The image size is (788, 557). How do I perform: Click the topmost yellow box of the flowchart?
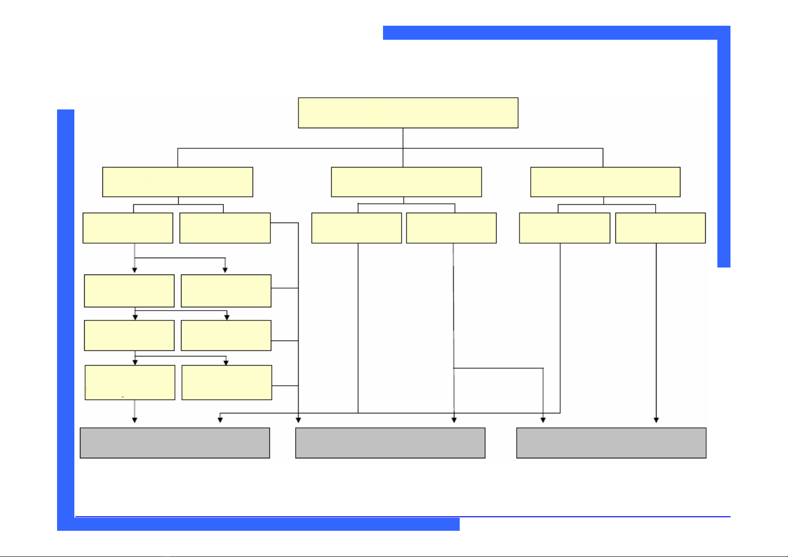point(408,113)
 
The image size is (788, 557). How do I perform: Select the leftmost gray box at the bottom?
point(175,442)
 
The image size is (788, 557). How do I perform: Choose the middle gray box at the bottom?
point(390,442)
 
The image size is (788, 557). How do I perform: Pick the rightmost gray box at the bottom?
point(611,442)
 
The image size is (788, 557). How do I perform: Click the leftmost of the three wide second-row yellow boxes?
point(178,182)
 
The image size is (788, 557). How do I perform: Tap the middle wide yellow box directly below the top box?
point(406,182)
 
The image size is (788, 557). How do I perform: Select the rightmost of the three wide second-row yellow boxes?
point(605,182)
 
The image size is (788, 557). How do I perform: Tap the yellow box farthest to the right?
point(660,228)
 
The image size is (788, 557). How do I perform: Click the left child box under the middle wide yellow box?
point(356,228)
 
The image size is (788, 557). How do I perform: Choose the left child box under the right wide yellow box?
point(564,228)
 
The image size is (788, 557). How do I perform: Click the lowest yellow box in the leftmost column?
point(130,383)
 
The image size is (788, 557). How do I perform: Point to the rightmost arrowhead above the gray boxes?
point(656,420)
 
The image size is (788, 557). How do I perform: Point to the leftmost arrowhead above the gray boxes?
point(135,420)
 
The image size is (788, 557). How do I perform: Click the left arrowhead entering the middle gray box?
point(298,420)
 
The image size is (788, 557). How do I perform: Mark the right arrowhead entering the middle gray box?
point(454,420)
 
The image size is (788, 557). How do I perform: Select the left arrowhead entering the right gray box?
point(543,420)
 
